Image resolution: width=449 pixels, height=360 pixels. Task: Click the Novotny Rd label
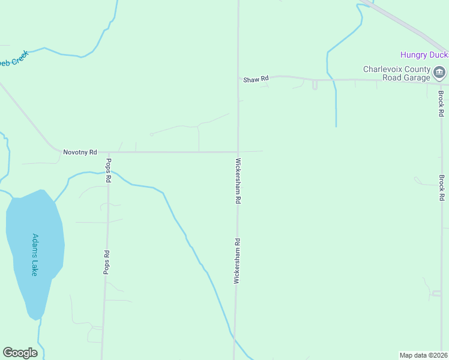(80, 152)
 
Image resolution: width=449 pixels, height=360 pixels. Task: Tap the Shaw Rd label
(255, 79)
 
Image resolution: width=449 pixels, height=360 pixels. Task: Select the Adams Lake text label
(35, 254)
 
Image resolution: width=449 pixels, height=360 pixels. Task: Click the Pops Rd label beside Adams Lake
(106, 262)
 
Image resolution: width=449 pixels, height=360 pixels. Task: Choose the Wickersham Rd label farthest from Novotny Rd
(237, 261)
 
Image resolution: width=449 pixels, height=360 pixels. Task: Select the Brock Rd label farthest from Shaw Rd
(441, 188)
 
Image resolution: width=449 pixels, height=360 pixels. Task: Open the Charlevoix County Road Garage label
(397, 73)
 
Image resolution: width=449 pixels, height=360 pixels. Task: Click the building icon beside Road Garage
(439, 73)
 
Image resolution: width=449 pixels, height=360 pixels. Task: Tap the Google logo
(20, 353)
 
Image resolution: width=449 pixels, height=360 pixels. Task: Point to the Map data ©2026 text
(424, 355)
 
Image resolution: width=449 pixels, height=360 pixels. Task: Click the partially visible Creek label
(13, 61)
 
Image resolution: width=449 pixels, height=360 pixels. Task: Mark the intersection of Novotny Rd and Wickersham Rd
(238, 152)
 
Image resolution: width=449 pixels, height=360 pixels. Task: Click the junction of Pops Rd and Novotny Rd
(109, 152)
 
